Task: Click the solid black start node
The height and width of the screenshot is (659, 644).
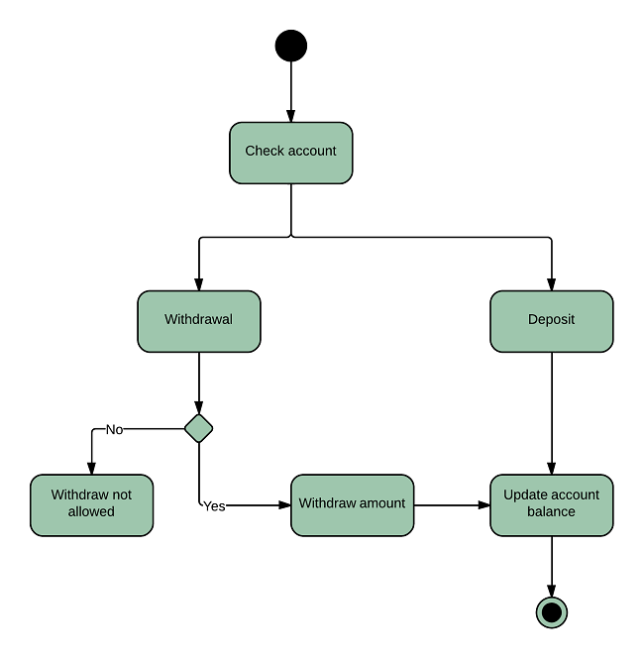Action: (x=291, y=46)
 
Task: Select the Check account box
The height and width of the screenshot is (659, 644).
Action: (x=291, y=153)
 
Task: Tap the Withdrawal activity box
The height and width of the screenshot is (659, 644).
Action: (x=199, y=321)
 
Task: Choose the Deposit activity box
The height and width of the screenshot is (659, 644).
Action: (x=552, y=321)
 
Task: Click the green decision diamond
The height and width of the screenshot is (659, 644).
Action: (x=199, y=428)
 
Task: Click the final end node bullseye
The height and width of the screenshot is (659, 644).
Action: (x=552, y=612)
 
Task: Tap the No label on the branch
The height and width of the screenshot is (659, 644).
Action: (x=114, y=430)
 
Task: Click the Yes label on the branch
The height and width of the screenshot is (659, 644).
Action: (x=214, y=506)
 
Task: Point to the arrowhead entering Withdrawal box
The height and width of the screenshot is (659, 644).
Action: (x=199, y=283)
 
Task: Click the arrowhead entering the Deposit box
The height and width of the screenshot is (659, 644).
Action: (x=552, y=283)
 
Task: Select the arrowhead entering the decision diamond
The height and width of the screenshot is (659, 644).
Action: (x=199, y=407)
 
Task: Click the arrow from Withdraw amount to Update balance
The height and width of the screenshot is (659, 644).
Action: (x=451, y=505)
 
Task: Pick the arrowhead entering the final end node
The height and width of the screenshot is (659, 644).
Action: (x=552, y=591)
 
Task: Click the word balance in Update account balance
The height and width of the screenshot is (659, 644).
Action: (x=552, y=512)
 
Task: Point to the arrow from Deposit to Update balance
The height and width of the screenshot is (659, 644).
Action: (x=552, y=411)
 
